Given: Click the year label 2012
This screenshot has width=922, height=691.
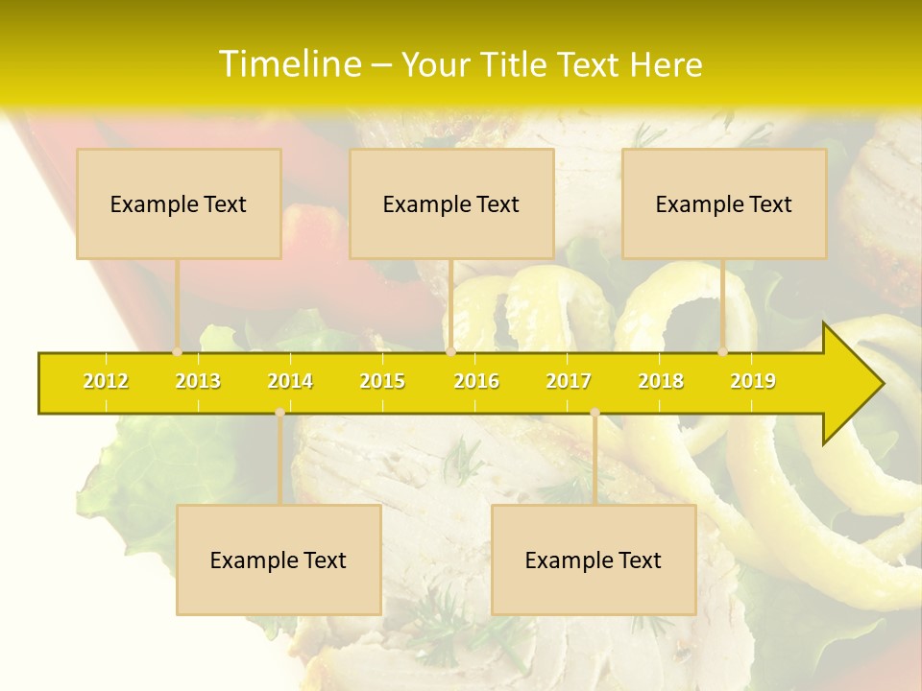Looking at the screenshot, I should (x=106, y=381).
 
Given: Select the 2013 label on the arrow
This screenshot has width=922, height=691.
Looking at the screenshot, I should (x=198, y=381).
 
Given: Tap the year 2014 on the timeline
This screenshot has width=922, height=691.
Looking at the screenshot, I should (x=290, y=381).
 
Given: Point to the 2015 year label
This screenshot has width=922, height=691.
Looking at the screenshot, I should (x=382, y=381).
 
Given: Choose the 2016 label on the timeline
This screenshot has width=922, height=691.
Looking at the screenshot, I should (x=476, y=381).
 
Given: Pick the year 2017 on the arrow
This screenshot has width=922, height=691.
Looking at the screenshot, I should (x=569, y=381).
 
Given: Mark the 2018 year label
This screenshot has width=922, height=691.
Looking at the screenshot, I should (x=661, y=381).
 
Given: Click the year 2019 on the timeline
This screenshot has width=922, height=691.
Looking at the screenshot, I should (x=753, y=381).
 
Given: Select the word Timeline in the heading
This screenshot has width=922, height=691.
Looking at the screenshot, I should (x=288, y=64).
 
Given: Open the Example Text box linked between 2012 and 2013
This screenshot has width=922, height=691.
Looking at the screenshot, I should (x=179, y=203).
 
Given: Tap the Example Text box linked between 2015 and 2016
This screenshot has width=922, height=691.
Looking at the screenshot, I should (x=451, y=203).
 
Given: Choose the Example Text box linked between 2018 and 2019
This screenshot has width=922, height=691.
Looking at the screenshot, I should (x=724, y=203).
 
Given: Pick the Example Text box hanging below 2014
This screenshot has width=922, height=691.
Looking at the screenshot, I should (x=279, y=560).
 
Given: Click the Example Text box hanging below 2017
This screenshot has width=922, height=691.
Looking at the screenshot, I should (x=594, y=560).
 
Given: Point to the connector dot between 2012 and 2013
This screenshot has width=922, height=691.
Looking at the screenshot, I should (x=177, y=352).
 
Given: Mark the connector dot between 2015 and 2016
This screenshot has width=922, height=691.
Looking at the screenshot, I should (x=450, y=352).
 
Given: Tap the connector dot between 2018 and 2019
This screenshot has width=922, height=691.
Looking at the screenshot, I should (x=722, y=352).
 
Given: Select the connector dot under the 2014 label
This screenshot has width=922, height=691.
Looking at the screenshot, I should (x=279, y=413).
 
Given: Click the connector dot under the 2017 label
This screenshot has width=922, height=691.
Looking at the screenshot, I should (x=594, y=413).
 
